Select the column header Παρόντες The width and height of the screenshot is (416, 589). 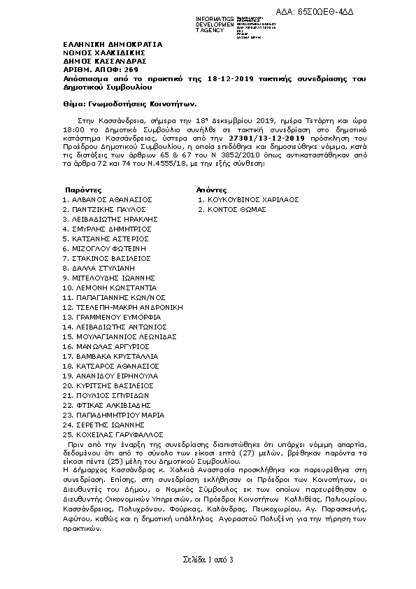83,190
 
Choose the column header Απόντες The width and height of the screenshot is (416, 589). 212,190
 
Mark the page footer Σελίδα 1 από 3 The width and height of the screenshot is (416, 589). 208,560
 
